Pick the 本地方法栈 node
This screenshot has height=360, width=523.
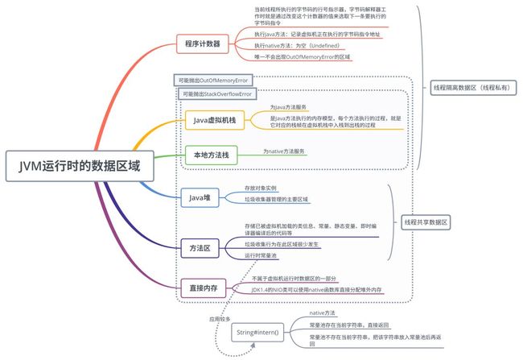(208, 155)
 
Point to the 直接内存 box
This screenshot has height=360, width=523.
(204, 286)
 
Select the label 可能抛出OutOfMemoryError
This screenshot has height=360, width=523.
(213, 80)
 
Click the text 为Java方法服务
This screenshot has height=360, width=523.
(287, 106)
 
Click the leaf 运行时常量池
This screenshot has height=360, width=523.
(261, 254)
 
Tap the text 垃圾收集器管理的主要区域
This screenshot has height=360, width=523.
(277, 199)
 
